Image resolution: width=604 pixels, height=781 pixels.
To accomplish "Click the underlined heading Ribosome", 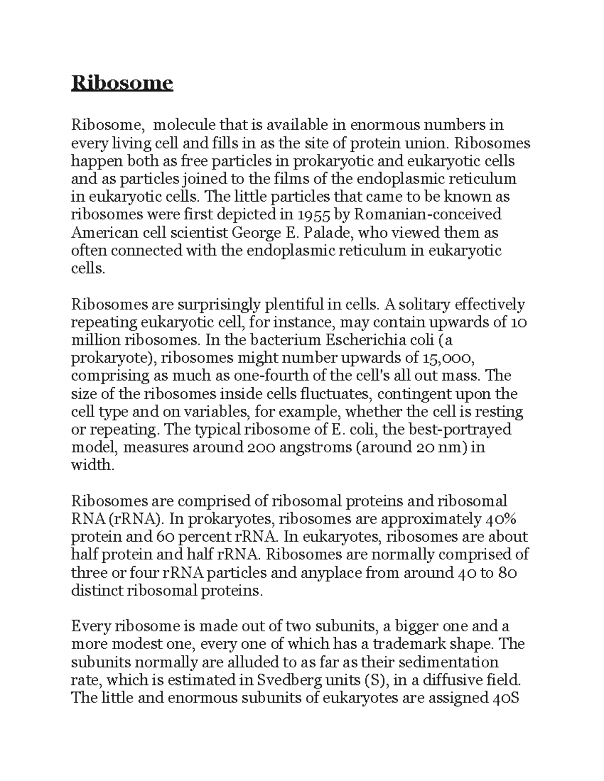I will tap(122, 82).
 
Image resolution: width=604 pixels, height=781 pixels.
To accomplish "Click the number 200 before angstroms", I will tap(262, 447).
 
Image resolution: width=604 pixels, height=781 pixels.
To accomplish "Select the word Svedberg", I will tap(295, 680).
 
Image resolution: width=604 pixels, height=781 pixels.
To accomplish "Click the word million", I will tap(95, 340).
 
